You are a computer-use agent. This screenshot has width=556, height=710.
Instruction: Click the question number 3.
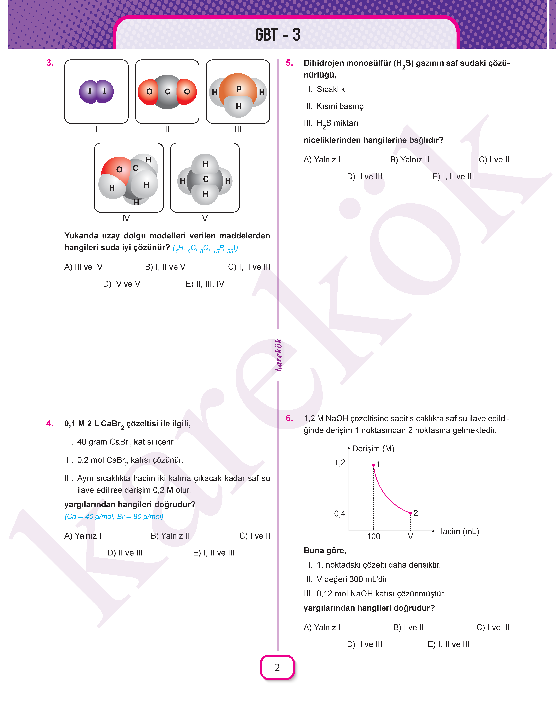point(50,63)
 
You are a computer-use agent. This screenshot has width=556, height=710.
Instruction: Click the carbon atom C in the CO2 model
point(167,92)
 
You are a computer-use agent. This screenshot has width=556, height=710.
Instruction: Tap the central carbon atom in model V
point(205,179)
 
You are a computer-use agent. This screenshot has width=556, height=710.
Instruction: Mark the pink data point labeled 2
point(410,513)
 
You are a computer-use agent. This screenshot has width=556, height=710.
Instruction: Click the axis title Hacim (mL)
point(458,531)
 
